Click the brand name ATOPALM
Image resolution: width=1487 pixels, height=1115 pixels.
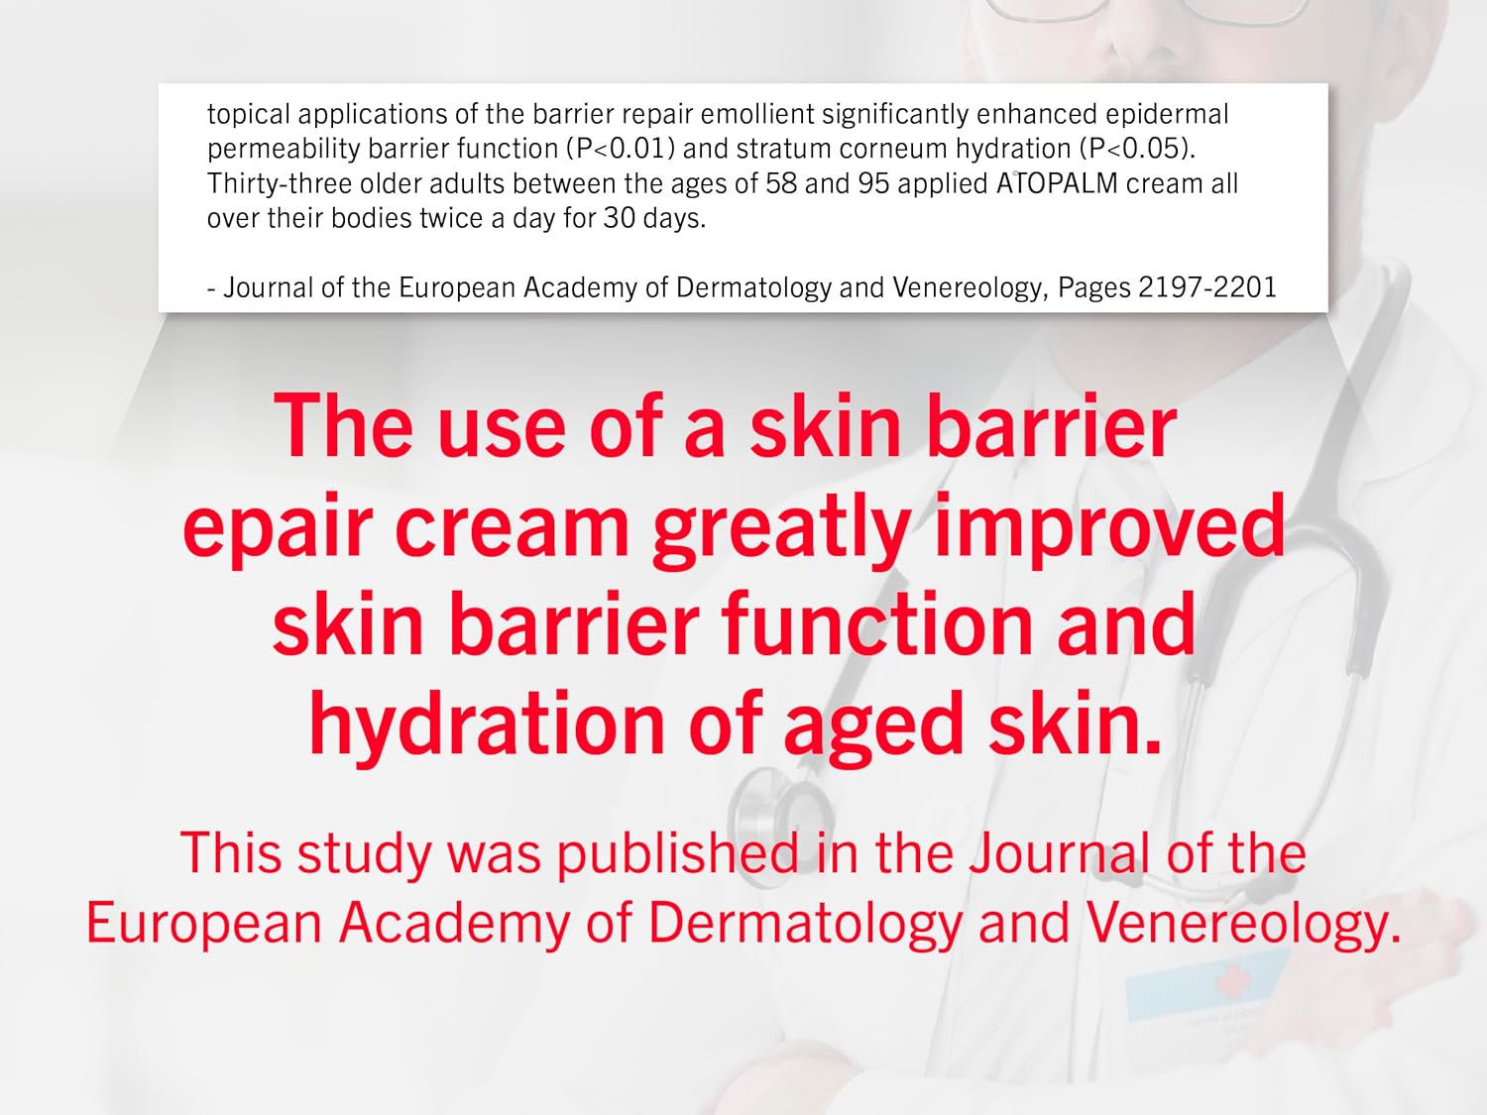[1057, 183]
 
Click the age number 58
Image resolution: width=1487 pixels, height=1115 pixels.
[781, 184]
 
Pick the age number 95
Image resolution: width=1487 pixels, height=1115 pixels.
[873, 184]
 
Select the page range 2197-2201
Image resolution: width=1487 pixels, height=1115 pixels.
[1207, 287]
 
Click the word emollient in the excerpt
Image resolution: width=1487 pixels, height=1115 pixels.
[757, 114]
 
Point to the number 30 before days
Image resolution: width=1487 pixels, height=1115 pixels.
[619, 219]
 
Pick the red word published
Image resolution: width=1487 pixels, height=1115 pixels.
[678, 853]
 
